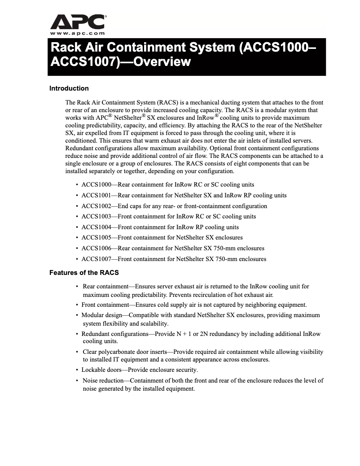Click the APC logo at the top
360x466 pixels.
78,21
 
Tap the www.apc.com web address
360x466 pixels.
78,33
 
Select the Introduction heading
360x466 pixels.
69,88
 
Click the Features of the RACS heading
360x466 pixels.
84,272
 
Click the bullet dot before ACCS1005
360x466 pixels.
77,238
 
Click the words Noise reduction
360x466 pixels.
103,380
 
